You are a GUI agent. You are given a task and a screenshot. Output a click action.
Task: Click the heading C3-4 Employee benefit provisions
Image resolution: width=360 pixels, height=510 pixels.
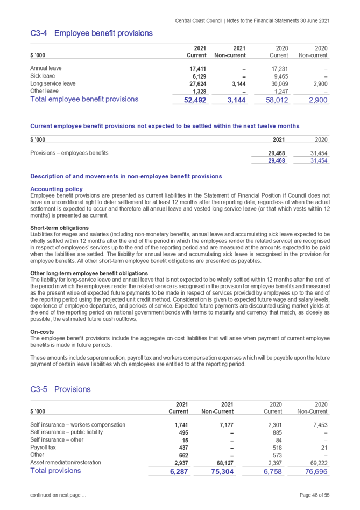coord(91,33)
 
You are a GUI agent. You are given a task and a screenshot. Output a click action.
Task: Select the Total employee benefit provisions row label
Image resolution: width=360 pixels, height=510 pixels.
coord(84,100)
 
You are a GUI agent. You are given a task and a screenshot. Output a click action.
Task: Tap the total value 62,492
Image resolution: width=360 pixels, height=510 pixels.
coord(195,100)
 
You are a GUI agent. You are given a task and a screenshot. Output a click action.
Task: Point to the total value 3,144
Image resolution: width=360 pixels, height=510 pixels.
coord(237,100)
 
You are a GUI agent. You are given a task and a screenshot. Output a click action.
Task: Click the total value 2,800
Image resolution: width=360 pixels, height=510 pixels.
coord(318,100)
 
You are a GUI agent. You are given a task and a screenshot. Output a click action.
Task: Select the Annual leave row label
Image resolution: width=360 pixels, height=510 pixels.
coord(46,68)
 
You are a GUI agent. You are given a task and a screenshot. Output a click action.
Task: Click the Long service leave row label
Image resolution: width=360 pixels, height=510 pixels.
coord(53,83)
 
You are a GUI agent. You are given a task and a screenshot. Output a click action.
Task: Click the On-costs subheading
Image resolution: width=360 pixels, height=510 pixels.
coord(41,332)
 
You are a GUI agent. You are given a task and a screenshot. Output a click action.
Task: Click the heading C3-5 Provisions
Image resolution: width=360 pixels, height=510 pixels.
coord(61,389)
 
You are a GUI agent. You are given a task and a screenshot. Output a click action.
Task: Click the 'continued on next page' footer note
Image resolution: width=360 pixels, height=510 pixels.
coord(57,495)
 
